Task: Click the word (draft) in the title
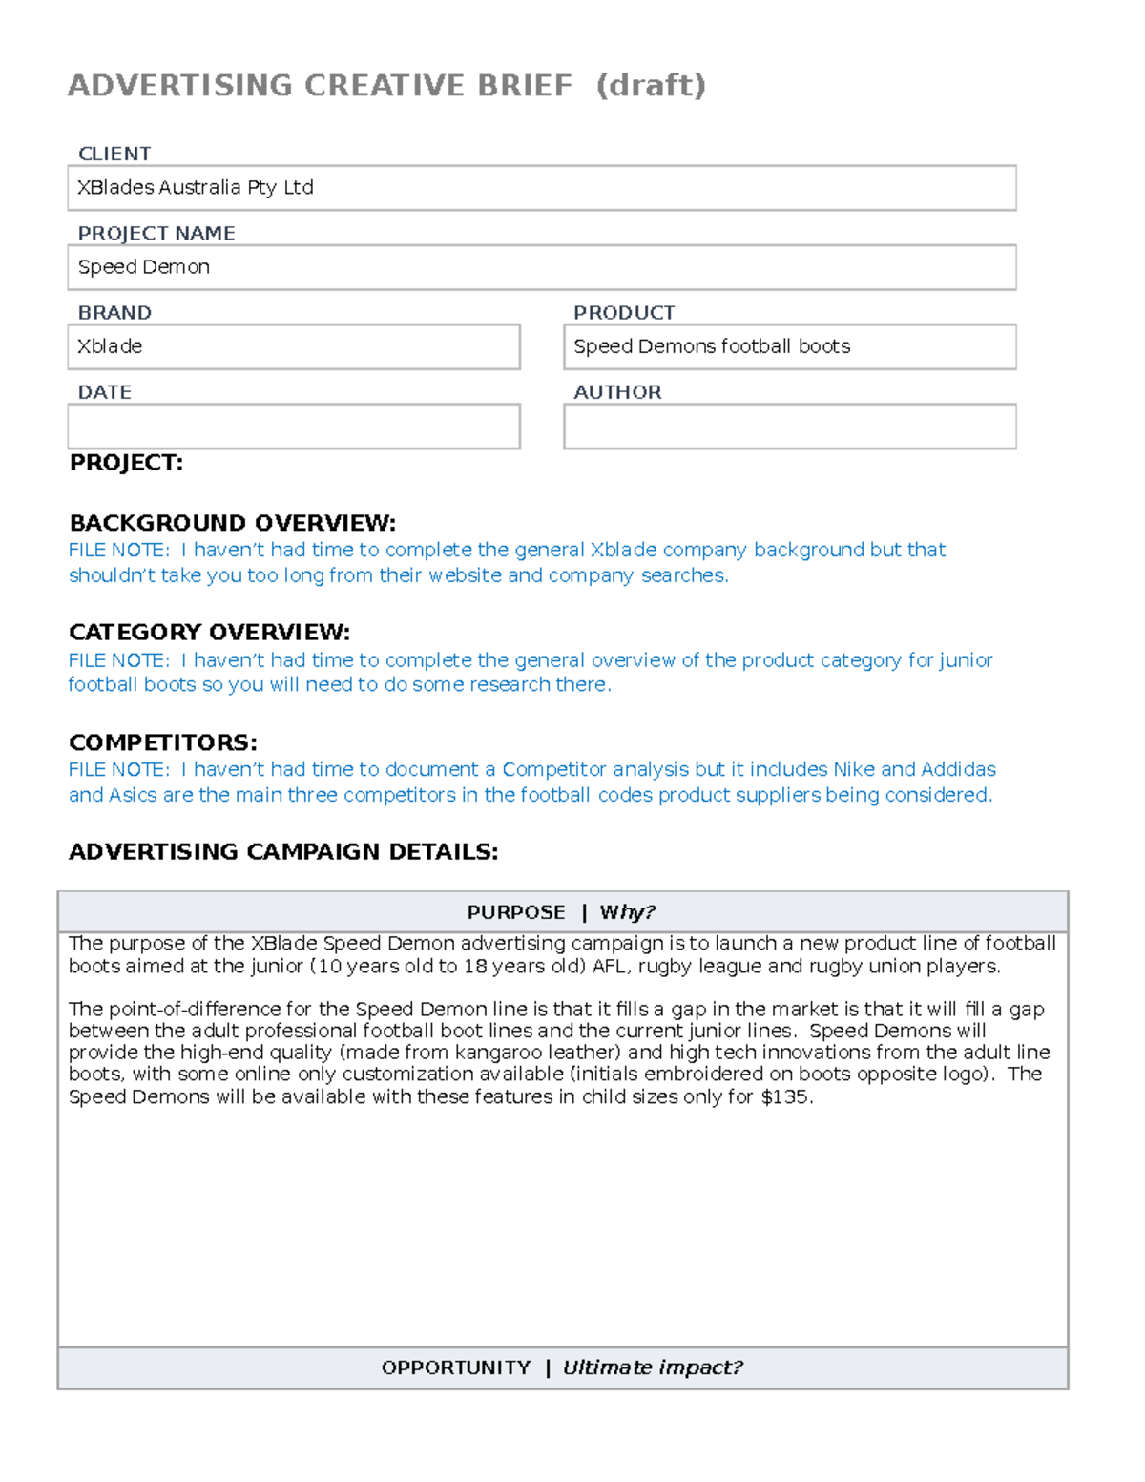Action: [x=651, y=86]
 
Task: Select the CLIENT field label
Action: [x=114, y=154]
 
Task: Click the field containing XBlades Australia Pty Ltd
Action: [x=541, y=188]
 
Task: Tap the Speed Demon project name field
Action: [x=541, y=267]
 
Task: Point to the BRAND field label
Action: [x=114, y=313]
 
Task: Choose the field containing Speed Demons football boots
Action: [x=789, y=346]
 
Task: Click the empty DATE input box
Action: [x=294, y=427]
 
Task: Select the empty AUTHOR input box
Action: [x=789, y=427]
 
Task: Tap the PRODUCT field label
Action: [x=624, y=313]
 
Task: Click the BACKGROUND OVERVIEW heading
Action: [x=232, y=523]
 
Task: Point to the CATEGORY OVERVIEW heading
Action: [x=209, y=632]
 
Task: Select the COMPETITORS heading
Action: [x=163, y=742]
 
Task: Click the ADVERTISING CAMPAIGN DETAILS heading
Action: [x=283, y=851]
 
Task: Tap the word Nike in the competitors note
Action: [x=853, y=769]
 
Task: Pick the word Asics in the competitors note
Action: [x=133, y=795]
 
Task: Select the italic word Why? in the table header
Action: [x=627, y=912]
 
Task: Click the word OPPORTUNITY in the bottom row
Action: [x=456, y=1367]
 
